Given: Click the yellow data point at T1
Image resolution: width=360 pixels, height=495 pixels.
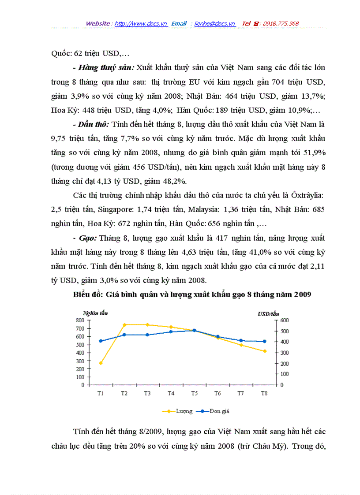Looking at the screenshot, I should tap(101, 363).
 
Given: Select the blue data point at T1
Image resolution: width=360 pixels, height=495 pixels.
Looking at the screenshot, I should tap(101, 341).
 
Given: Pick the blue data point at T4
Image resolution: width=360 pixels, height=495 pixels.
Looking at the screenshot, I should tap(171, 332).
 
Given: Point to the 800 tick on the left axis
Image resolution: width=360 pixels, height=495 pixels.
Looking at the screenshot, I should tap(80, 320).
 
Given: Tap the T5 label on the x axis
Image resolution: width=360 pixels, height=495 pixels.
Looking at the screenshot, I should tap(194, 393).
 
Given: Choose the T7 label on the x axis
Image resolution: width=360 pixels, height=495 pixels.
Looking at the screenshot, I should tap(241, 393).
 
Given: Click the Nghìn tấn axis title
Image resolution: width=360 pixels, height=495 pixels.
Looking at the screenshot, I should tap(95, 313).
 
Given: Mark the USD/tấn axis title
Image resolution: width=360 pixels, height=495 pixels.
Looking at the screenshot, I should tap(268, 313).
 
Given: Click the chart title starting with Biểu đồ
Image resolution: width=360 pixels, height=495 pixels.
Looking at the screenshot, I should tap(192, 295).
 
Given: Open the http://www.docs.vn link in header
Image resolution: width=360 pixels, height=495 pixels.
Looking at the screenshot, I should tap(141, 23).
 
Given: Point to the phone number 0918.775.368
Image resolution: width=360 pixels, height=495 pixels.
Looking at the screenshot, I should tap(281, 23).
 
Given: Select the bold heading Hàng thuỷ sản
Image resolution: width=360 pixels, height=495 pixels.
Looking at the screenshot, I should tap(106, 68).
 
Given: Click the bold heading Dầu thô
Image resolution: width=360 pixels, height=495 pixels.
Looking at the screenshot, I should tap(93, 125).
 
